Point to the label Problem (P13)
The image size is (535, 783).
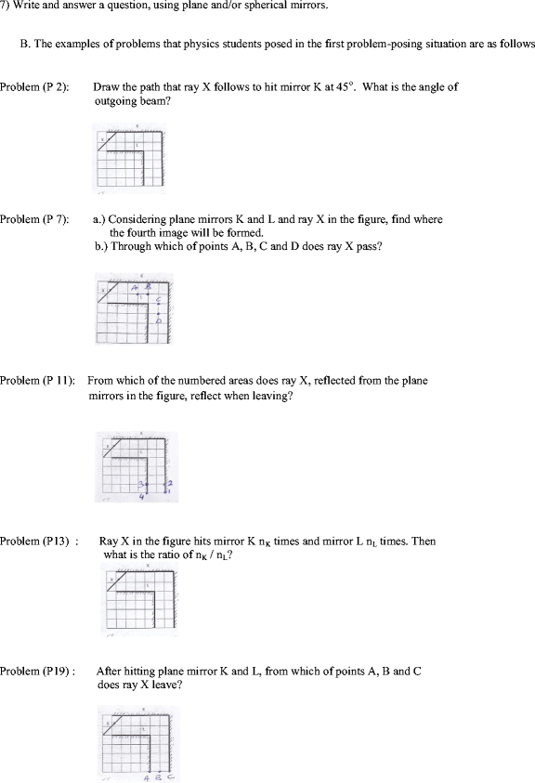33,542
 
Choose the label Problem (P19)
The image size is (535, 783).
33,670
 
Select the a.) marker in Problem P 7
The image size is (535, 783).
103,220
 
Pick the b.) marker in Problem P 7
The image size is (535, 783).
103,246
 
